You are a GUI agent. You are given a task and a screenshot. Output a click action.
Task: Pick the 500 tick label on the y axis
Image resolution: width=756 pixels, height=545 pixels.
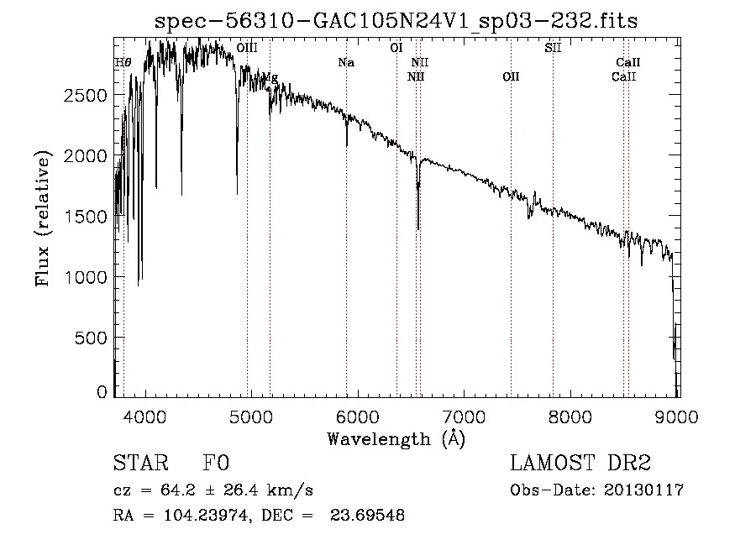point(92,338)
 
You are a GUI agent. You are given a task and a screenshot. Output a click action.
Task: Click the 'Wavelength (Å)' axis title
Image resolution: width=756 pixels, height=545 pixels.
point(396,438)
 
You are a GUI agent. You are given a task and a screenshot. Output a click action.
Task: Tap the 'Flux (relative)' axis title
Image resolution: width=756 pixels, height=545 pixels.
point(42,217)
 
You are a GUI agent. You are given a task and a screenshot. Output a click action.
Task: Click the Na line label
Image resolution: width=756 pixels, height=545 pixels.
point(346,62)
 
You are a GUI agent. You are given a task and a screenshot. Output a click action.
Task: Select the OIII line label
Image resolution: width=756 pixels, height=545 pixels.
point(247,49)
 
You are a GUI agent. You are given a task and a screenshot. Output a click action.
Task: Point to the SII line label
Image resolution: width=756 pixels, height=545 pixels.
point(553,49)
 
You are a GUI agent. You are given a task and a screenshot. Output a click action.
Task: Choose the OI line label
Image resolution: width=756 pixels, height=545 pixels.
point(396,49)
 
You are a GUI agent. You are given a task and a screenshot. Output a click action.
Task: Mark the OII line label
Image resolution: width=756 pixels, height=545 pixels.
point(511,76)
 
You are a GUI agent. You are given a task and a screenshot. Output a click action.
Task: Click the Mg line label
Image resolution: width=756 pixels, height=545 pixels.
point(270,77)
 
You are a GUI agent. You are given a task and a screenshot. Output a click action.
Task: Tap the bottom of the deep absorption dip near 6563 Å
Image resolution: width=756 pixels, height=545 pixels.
point(418,228)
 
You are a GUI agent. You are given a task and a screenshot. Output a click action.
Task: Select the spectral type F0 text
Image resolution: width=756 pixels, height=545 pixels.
point(215,464)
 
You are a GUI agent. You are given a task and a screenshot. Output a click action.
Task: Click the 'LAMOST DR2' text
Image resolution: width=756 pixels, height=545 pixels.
point(580,464)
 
